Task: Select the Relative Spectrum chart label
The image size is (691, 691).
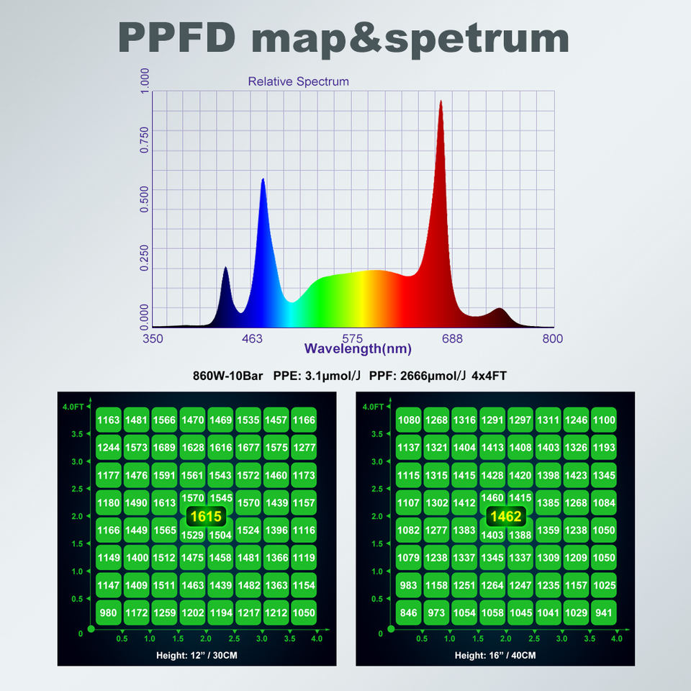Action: [x=298, y=81]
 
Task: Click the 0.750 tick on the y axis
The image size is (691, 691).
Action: [x=145, y=140]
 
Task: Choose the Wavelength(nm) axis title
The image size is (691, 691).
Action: [x=358, y=349]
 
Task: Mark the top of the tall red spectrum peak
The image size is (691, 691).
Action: [x=441, y=101]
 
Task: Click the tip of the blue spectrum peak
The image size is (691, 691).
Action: [x=263, y=179]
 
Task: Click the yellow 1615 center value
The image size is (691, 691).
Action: [x=206, y=516]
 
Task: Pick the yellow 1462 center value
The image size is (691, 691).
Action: [x=505, y=516]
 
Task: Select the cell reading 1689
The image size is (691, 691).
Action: [x=165, y=448]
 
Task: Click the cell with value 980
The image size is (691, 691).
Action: [x=109, y=613]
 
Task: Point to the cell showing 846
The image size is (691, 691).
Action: [x=408, y=613]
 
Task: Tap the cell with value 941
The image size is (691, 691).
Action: [x=604, y=613]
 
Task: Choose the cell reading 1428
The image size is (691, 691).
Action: [x=492, y=475]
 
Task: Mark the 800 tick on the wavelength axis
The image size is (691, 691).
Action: [x=552, y=338]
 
